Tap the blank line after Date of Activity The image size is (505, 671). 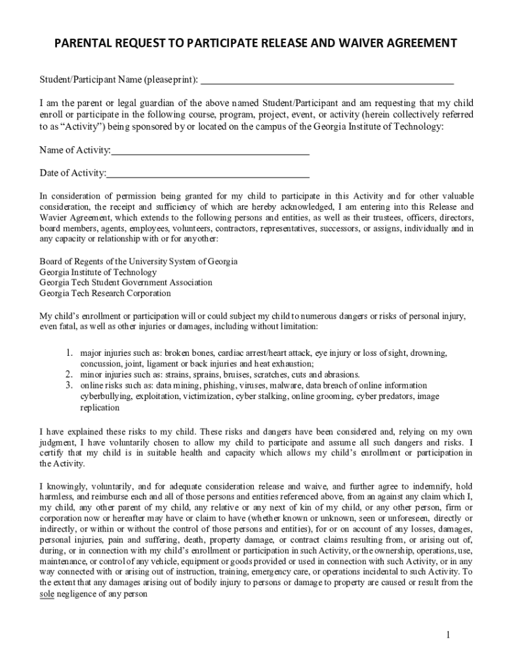click(208, 174)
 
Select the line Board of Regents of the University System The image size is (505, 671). click(138, 261)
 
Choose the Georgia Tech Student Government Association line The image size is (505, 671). click(126, 282)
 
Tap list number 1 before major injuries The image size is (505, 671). click(68, 353)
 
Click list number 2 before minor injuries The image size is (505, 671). click(68, 375)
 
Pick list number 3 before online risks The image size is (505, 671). click(68, 385)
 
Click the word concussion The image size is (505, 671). click(100, 364)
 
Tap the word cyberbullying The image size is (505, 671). click(106, 396)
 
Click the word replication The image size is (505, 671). click(100, 408)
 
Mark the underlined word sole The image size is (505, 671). click(47, 594)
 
